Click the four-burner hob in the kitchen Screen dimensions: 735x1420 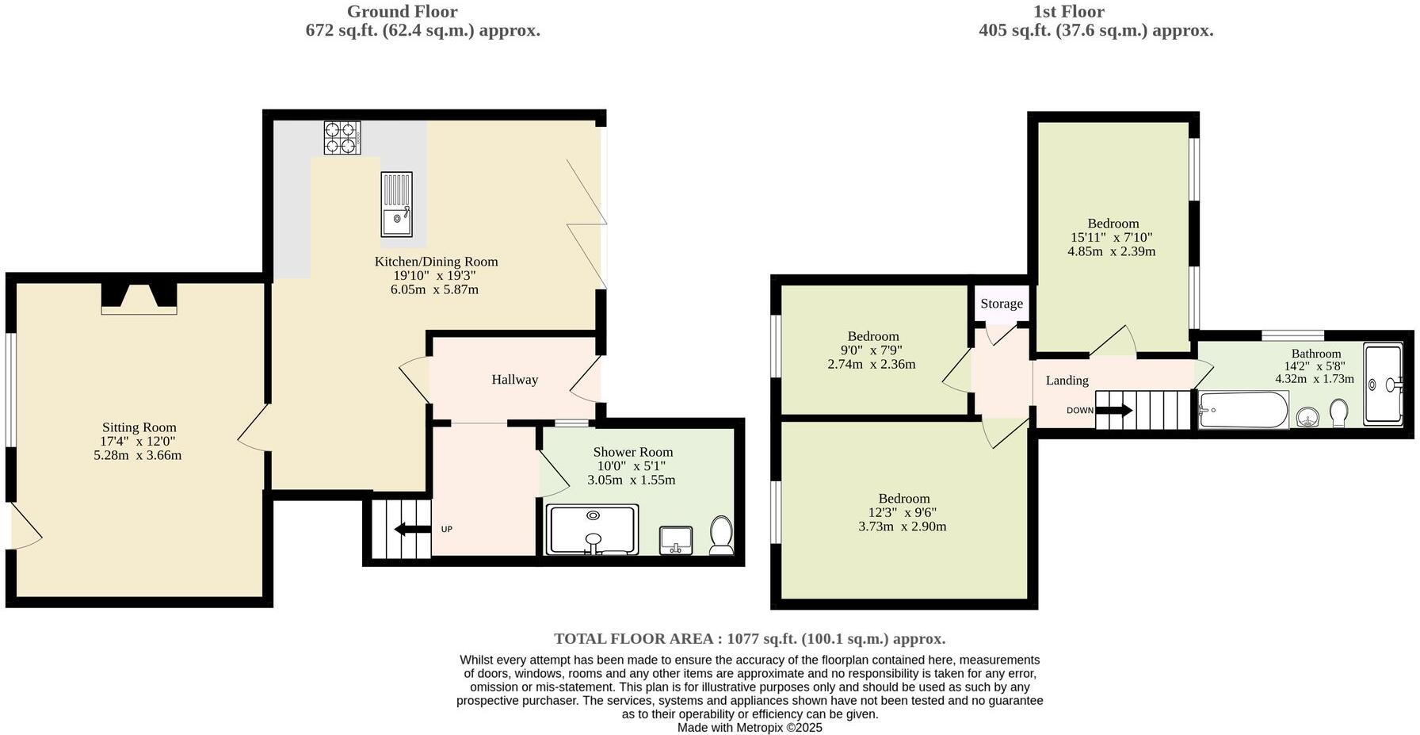[342, 137]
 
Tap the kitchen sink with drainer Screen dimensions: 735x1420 [396, 205]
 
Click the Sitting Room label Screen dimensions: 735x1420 [139, 427]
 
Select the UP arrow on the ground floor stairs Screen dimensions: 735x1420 [410, 529]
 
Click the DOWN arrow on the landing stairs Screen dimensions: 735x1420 [1114, 410]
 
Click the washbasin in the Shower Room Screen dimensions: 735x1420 [676, 541]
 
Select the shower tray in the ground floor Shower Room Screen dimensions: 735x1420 [592, 530]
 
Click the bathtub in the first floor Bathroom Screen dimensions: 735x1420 [1242, 410]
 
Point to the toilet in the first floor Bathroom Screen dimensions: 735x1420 [1339, 412]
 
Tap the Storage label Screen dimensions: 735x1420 [1001, 304]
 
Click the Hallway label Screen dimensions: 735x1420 [514, 380]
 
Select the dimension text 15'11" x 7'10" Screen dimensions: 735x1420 [1111, 237]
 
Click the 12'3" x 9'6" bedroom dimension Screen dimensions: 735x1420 [903, 512]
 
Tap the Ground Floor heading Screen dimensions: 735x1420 [402, 11]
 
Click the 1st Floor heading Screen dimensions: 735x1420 [1068, 11]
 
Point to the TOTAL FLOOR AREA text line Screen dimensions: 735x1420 [749, 639]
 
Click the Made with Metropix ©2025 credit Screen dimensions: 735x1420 [749, 727]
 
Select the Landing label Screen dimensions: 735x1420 [1067, 381]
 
